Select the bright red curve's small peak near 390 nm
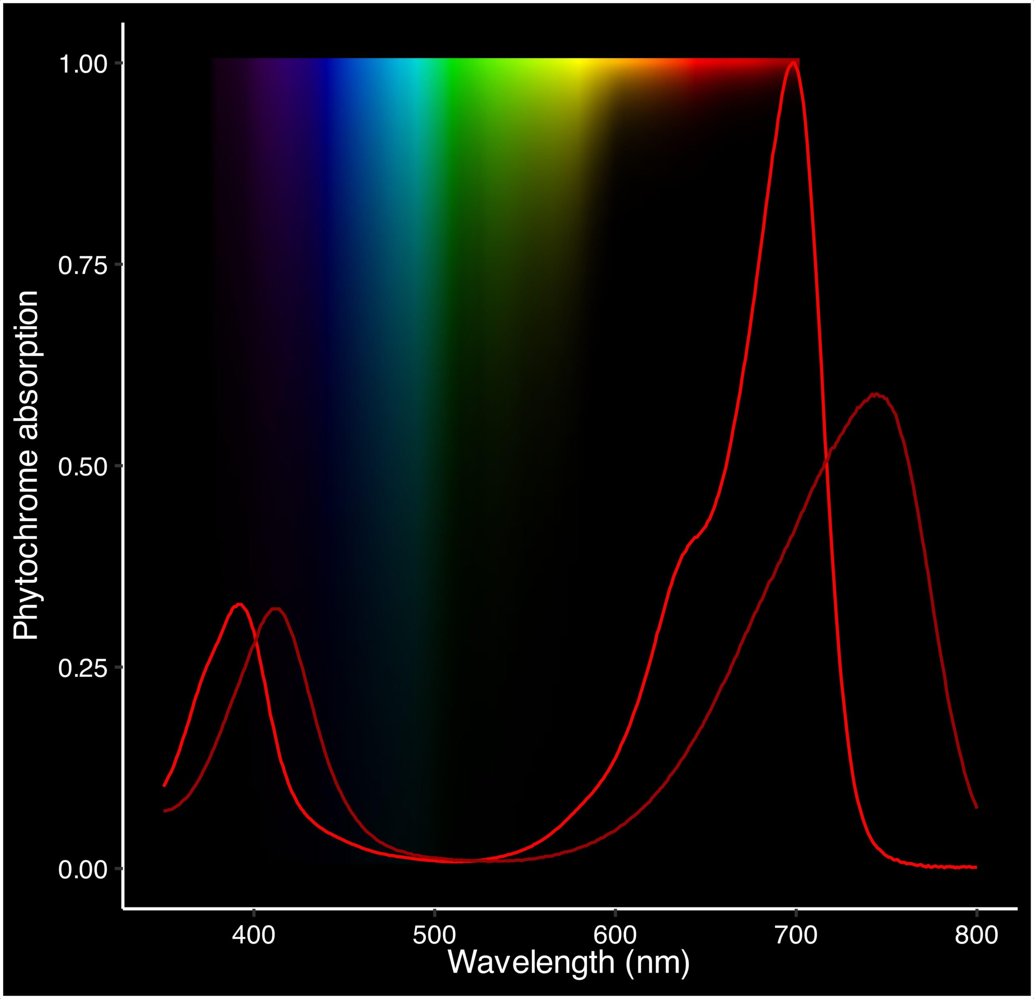tap(240, 604)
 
